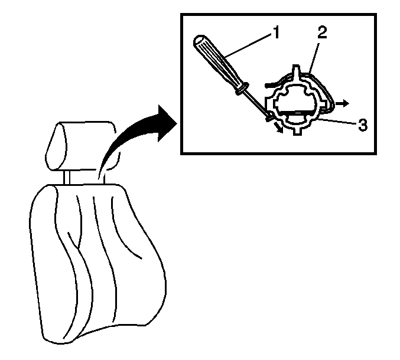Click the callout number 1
coord(275,32)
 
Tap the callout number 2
coord(322,32)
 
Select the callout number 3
coord(363,125)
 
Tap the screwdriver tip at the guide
coord(269,118)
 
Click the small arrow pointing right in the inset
coord(343,103)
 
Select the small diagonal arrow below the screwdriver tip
coord(278,127)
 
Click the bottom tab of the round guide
coord(297,132)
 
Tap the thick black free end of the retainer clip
coord(271,84)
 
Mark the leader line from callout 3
coord(338,121)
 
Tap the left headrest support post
coord(67,177)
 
